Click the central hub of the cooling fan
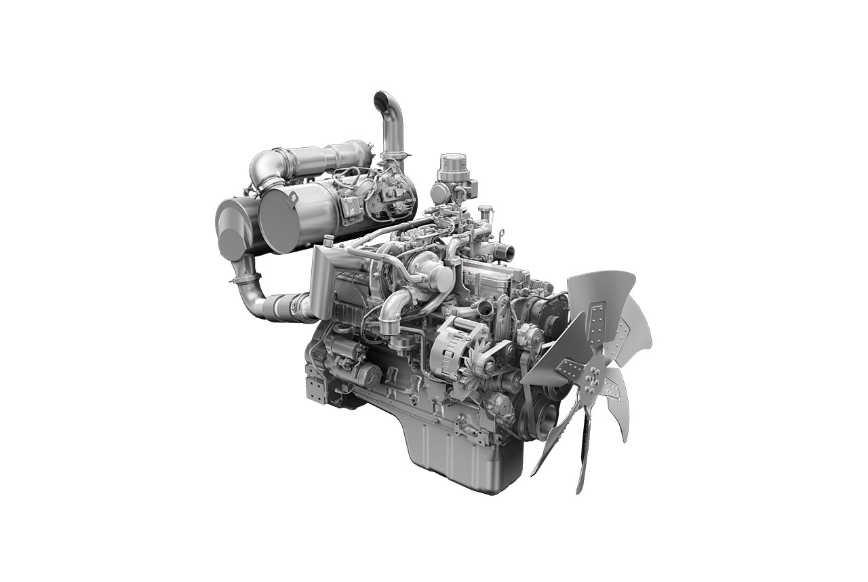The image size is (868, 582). click(x=591, y=374)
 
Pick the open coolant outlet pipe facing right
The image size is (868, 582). click(x=505, y=253)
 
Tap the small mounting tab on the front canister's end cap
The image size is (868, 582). click(x=292, y=198)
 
